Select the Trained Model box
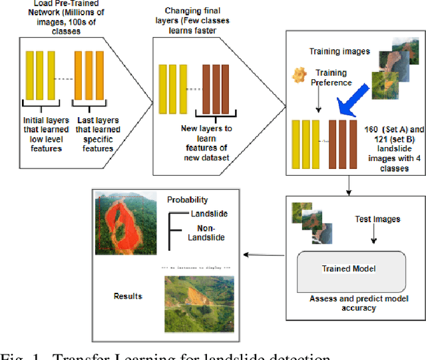pyautogui.click(x=349, y=269)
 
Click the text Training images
pyautogui.click(x=339, y=51)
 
